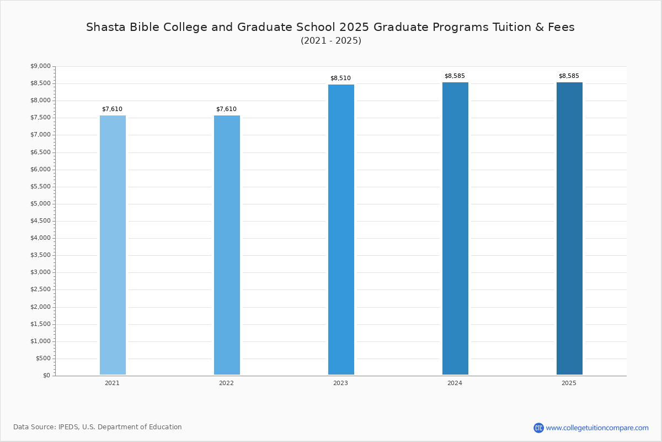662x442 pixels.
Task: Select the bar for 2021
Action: [x=113, y=245]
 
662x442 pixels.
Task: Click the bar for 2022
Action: [x=227, y=245]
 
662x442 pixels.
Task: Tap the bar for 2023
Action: [x=341, y=229]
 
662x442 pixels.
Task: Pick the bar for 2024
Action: [x=455, y=228]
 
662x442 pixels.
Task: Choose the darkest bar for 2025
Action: [x=569, y=228]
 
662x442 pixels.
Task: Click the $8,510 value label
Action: [x=340, y=78]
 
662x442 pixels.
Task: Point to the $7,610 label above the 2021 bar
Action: [x=113, y=109]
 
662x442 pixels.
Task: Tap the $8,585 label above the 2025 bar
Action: [x=569, y=76]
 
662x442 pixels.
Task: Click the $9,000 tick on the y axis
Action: [x=40, y=66]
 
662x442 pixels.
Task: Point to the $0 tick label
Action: [x=47, y=375]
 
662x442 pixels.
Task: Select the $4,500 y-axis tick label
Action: [x=40, y=220]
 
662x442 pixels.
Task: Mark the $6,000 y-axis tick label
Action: [x=40, y=169]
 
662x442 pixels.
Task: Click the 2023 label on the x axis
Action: [x=340, y=383]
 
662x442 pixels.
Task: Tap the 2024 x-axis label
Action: [x=455, y=383]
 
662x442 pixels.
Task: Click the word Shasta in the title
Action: [x=106, y=27]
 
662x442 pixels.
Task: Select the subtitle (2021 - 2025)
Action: [x=331, y=40]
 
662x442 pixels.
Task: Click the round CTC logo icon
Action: [x=538, y=428]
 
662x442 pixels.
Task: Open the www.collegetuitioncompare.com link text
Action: [x=597, y=428]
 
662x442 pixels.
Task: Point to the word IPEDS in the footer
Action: [x=68, y=427]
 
